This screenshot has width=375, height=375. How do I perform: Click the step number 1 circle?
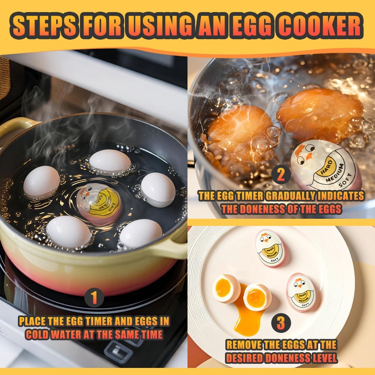pos(94,298)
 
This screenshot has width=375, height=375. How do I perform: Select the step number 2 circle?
pos(280,174)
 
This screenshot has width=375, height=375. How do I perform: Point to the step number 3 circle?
pos(280,323)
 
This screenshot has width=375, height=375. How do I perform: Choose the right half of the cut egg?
pos(257,297)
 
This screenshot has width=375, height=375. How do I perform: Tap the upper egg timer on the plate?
pos(270,248)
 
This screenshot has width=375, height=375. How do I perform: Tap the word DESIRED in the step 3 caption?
pos(247,358)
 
